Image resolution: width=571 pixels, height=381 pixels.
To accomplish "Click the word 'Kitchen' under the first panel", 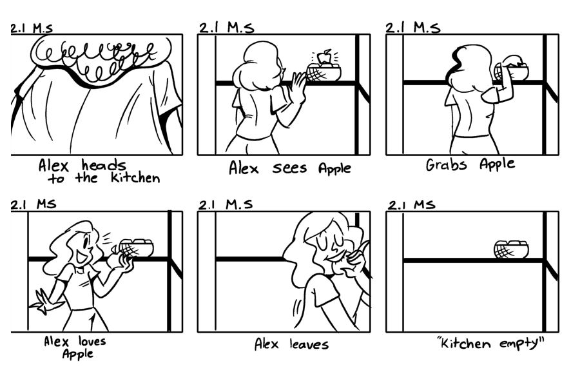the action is tap(135, 177).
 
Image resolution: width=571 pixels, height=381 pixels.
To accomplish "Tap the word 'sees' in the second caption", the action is tap(289, 168).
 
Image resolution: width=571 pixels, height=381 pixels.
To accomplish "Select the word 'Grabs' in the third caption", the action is tap(446, 164).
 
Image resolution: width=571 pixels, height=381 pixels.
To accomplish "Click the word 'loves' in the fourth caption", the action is tap(92, 341).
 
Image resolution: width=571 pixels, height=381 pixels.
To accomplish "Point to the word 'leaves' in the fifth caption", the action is tap(309, 344).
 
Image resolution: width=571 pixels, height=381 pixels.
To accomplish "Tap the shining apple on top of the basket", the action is tap(324, 57).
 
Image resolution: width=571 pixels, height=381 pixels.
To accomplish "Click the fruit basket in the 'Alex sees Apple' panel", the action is tap(324, 72).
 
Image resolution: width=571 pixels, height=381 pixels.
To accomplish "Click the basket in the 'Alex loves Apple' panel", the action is tap(137, 248).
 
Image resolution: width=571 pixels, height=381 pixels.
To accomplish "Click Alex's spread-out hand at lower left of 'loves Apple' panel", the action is tap(43, 302).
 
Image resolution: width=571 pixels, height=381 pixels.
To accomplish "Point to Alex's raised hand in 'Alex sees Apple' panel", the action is tap(298, 88).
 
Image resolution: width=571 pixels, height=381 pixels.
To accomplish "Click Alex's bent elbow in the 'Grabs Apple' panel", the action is tap(487, 97).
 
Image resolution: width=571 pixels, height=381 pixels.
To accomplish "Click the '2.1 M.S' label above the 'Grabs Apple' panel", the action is tap(412, 28).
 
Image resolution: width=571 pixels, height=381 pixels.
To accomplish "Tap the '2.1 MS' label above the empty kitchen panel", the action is tap(411, 205).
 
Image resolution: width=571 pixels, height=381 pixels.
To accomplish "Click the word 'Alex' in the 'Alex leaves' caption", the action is tap(267, 344).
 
